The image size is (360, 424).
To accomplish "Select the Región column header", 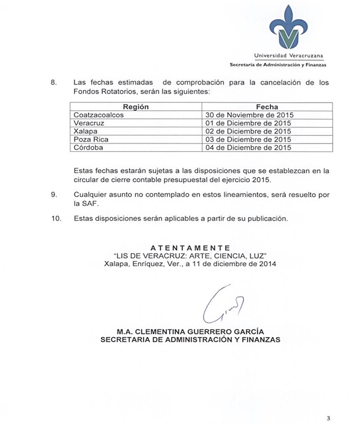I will coord(136,107).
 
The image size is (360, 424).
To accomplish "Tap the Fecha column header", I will coord(267,107).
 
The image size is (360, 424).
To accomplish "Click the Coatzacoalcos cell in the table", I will coord(99,115).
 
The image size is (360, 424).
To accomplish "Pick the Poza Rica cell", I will coord(91,140).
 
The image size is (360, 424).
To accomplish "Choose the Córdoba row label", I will coord(88,147).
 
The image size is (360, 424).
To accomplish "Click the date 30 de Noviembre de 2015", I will coord(249,115).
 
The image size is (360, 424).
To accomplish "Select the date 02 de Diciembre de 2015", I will coord(248,131).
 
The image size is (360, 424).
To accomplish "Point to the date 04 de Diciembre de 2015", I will coord(248,147).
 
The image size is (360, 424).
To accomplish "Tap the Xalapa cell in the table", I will coord(85,131).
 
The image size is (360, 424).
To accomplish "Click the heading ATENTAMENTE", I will coord(190,248).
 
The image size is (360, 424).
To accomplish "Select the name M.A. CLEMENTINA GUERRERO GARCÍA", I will coord(190,332).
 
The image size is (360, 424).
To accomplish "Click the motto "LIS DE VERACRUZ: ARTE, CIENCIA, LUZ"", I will coord(190,256).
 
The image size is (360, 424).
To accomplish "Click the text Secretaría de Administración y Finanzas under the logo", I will coord(278,65).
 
